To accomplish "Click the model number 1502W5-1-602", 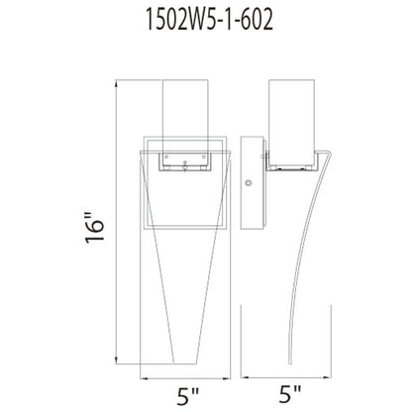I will pos(206,19).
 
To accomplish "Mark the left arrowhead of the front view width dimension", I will pos(144,376).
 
